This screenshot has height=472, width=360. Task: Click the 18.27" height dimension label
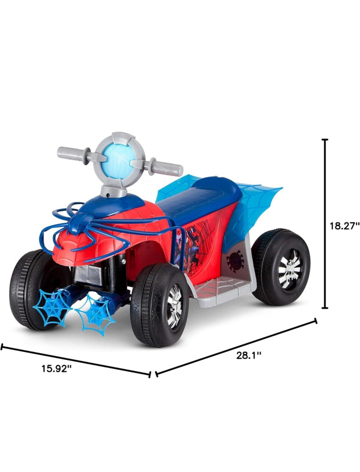[x=344, y=226]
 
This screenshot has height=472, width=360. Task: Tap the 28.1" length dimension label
[x=248, y=356]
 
